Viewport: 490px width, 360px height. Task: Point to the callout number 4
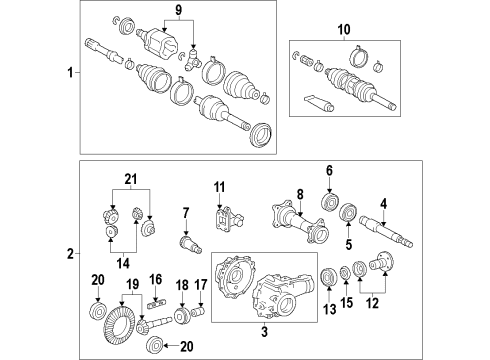click(384, 203)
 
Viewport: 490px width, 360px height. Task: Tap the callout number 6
click(327, 170)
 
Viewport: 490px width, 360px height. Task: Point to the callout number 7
click(185, 211)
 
